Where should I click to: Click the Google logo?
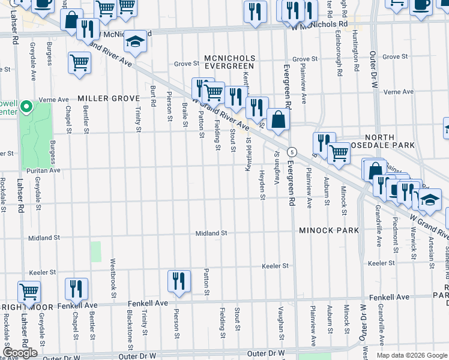pyautogui.click(x=20, y=353)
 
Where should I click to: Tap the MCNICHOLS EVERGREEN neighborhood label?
pyautogui.click(x=230, y=63)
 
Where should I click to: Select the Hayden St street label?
pyautogui.click(x=262, y=185)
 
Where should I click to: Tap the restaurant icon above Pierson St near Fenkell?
pyautogui.click(x=179, y=281)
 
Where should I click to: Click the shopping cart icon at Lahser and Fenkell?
pyautogui.click(x=29, y=292)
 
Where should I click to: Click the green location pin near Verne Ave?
pyautogui.click(x=26, y=107)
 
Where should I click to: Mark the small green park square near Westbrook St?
pyautogui.click(x=96, y=251)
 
